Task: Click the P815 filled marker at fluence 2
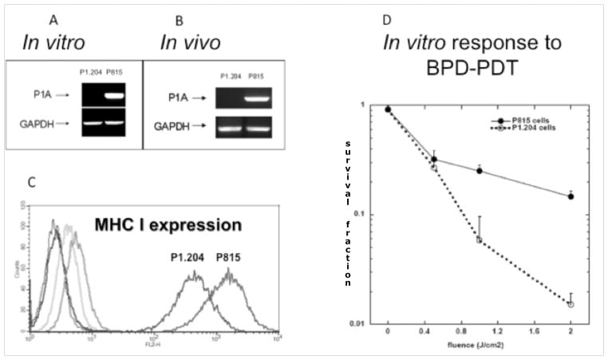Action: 570,196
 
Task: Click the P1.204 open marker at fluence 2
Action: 570,304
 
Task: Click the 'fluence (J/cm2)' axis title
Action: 479,346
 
